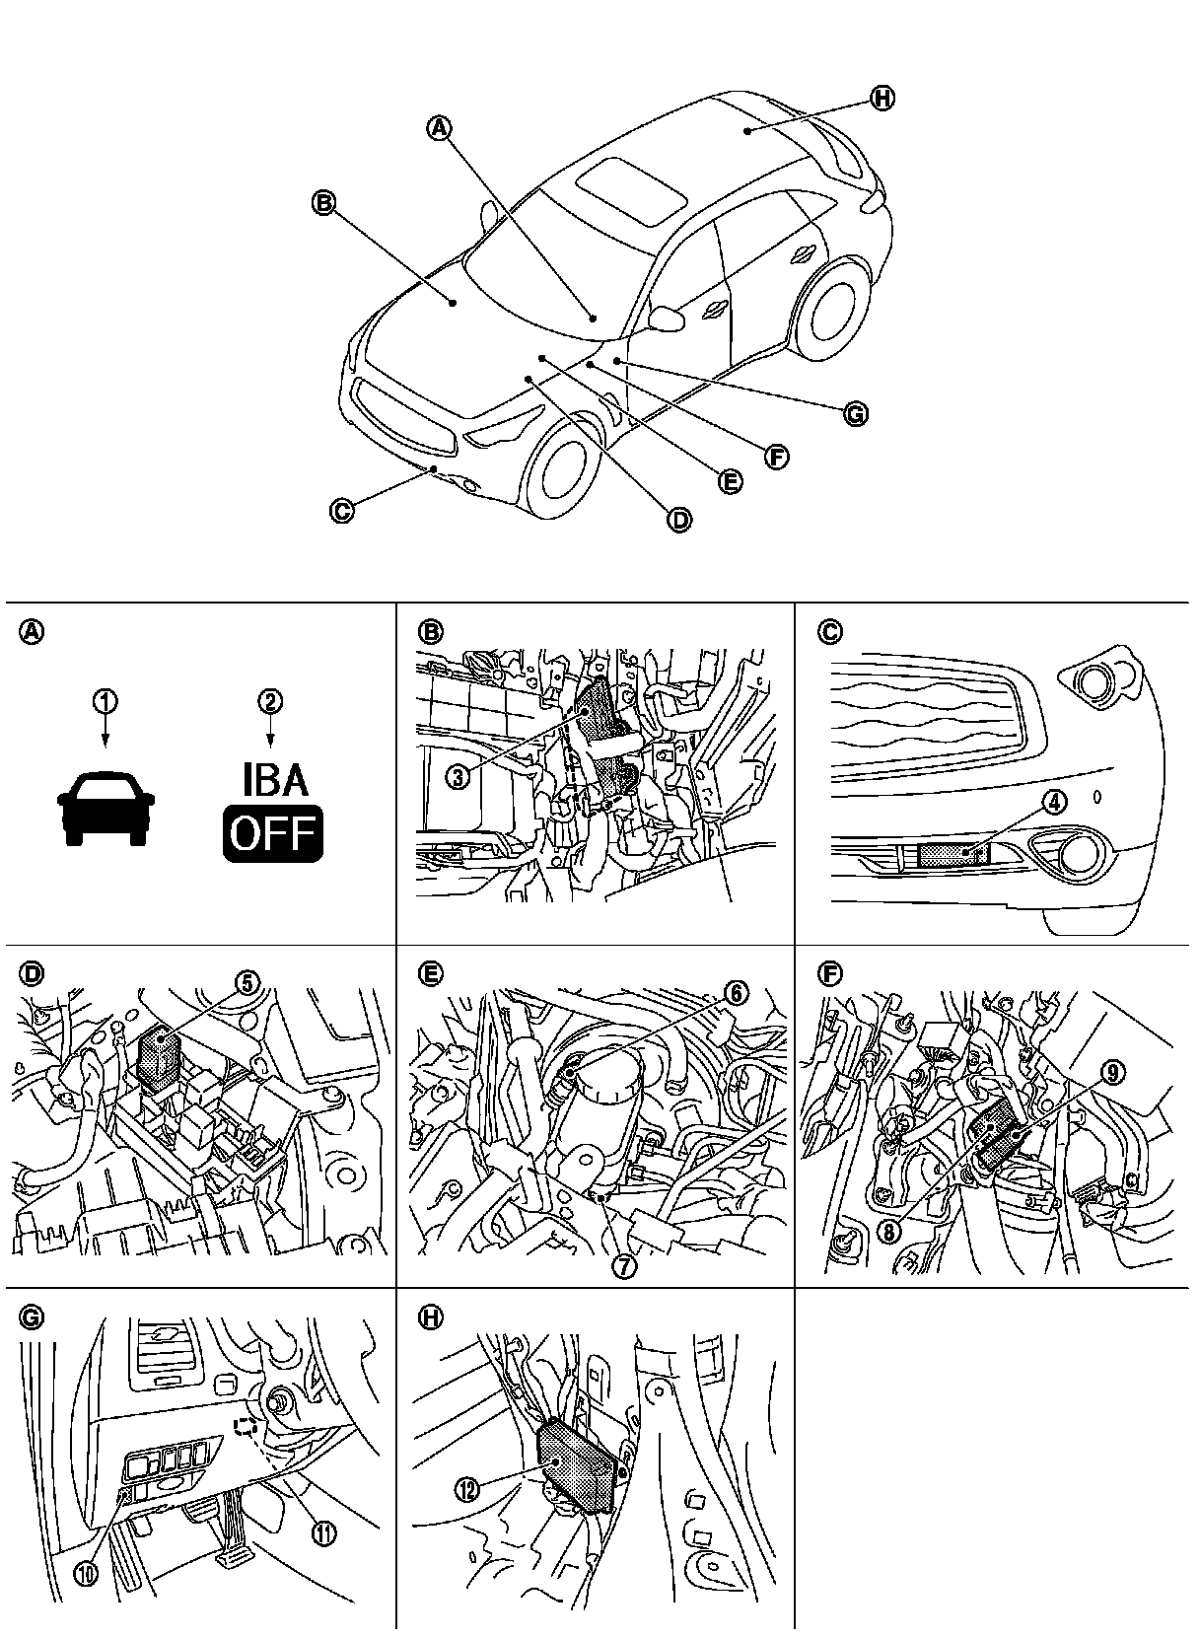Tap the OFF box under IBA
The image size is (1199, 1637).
[273, 834]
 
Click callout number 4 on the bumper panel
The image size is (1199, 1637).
[1054, 802]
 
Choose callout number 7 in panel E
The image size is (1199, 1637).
[624, 1266]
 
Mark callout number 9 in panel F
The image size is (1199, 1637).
[1111, 1074]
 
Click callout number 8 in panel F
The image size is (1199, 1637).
[890, 1232]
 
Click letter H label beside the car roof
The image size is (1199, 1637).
[882, 98]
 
